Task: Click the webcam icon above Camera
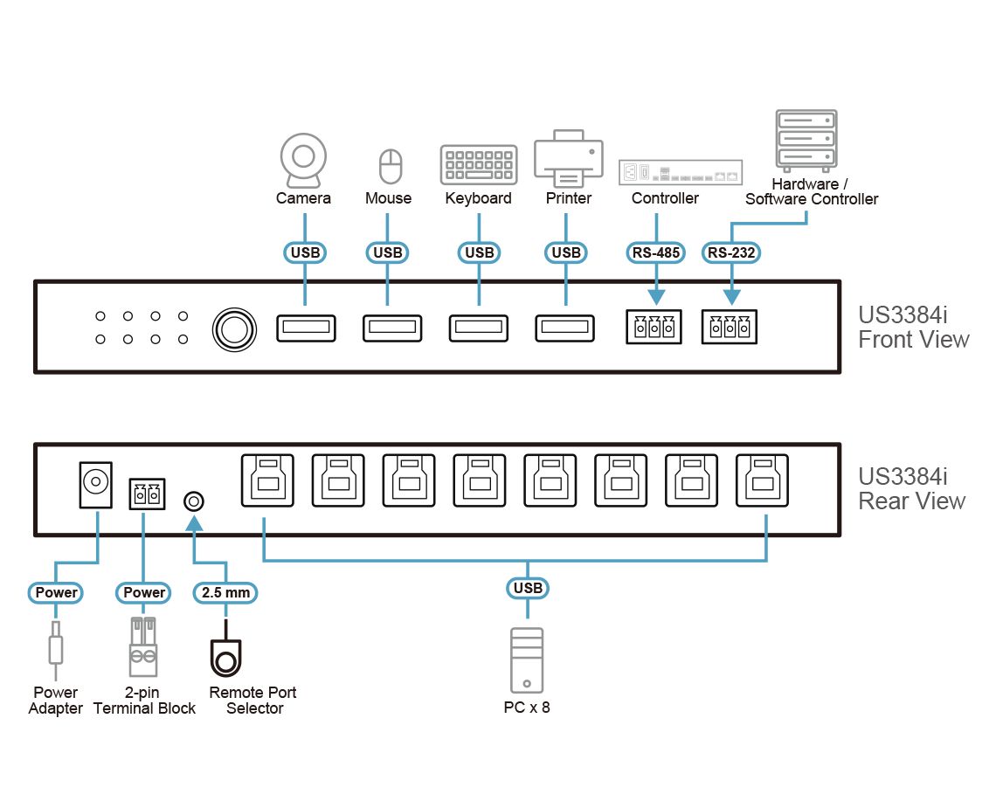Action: (x=303, y=160)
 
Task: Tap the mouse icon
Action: (x=390, y=166)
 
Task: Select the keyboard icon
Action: (x=478, y=164)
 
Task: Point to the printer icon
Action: (x=568, y=159)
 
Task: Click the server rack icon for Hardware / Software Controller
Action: (x=806, y=140)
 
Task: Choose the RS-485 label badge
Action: (x=655, y=252)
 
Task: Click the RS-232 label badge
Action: (x=731, y=252)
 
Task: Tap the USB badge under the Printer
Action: (x=567, y=252)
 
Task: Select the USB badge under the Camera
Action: (x=305, y=252)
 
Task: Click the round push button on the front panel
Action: (x=235, y=328)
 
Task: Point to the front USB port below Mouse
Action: (x=391, y=328)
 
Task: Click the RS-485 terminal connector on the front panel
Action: (x=654, y=328)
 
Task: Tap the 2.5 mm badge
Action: (x=225, y=592)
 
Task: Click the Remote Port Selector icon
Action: (x=225, y=658)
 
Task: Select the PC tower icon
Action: (x=527, y=659)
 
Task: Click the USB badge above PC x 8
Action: (x=528, y=588)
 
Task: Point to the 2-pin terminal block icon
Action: (x=143, y=647)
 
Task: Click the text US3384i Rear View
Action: (x=911, y=489)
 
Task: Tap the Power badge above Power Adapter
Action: (x=57, y=592)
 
